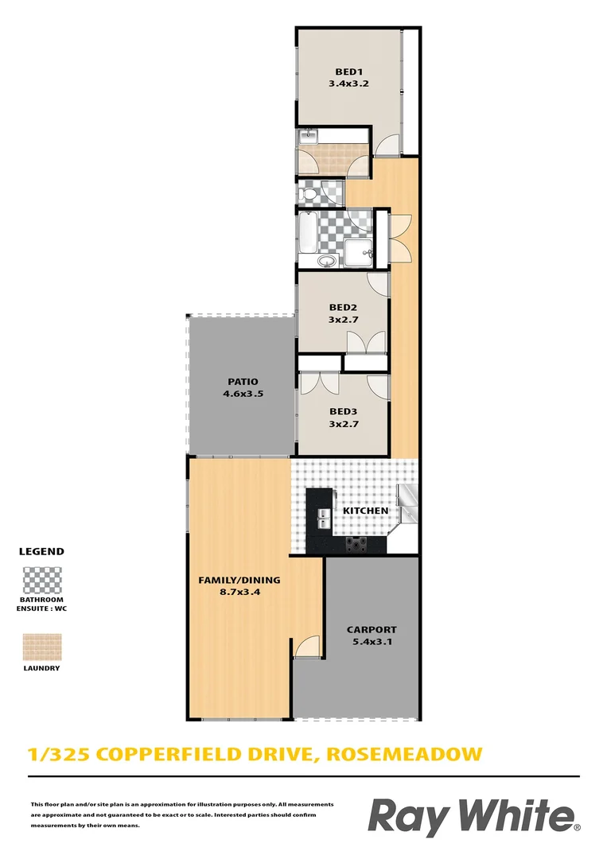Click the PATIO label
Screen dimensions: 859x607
pyautogui.click(x=240, y=382)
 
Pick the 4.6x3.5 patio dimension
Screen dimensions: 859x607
pyautogui.click(x=240, y=393)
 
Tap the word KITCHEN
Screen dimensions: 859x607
pyautogui.click(x=365, y=511)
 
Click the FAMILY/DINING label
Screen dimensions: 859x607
pyautogui.click(x=239, y=580)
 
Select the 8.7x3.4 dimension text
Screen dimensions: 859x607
pyautogui.click(x=239, y=591)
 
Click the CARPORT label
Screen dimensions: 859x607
pyautogui.click(x=371, y=630)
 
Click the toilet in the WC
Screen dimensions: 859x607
pyautogui.click(x=308, y=192)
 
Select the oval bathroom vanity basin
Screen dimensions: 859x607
pyautogui.click(x=325, y=261)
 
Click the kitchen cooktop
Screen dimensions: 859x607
pyautogui.click(x=356, y=544)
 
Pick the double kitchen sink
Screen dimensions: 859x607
pyautogui.click(x=324, y=519)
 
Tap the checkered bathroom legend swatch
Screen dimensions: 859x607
pyautogui.click(x=41, y=580)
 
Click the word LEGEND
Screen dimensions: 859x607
pyautogui.click(x=41, y=551)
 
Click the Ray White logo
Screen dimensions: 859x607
pyautogui.click(x=473, y=818)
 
